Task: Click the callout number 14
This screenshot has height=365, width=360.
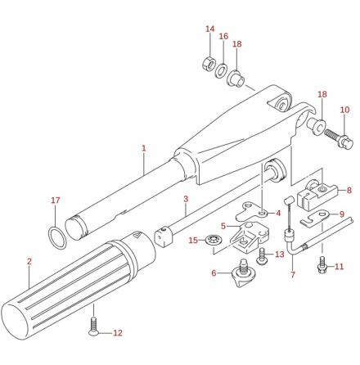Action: click(x=210, y=29)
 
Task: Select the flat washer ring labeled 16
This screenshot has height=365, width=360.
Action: click(x=221, y=70)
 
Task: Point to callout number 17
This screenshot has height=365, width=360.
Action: click(x=56, y=201)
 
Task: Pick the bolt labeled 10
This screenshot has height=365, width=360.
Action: click(x=339, y=137)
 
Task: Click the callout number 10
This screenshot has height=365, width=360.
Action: click(x=344, y=110)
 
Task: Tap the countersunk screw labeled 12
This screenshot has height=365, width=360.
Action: click(x=93, y=326)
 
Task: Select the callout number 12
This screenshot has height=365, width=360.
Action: click(x=118, y=333)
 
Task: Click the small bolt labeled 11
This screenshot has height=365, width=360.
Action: click(x=322, y=264)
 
